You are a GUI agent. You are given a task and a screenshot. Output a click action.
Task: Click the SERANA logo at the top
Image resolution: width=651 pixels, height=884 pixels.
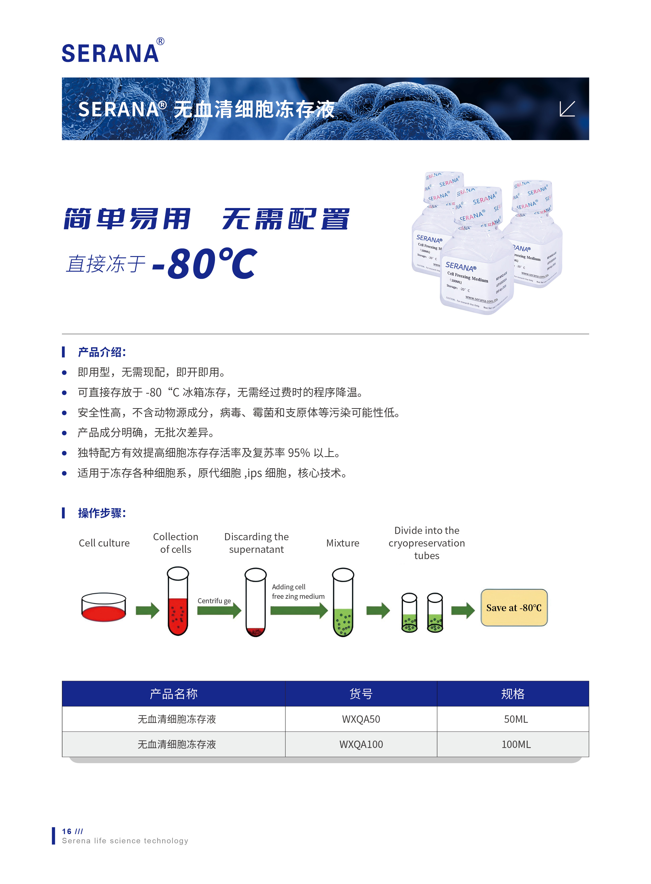click(x=110, y=53)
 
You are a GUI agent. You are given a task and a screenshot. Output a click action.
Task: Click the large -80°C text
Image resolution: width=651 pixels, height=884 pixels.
click(x=205, y=263)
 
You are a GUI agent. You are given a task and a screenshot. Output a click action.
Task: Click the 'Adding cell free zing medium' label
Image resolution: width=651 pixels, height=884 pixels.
click(x=298, y=591)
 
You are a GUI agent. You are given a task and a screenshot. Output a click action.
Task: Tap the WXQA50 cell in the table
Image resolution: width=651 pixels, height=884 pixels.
click(x=361, y=719)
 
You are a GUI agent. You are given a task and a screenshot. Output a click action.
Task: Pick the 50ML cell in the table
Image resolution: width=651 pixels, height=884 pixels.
click(x=516, y=719)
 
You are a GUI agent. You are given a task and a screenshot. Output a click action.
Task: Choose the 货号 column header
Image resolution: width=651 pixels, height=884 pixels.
click(x=361, y=694)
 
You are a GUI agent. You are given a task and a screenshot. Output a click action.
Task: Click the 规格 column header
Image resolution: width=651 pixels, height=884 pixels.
click(x=512, y=694)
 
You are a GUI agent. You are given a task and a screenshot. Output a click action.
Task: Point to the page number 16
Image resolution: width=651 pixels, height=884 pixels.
click(x=67, y=831)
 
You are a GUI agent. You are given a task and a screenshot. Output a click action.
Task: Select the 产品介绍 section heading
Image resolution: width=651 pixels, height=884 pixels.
click(x=101, y=352)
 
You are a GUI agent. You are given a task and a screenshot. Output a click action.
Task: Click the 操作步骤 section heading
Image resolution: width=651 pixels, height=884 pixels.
click(x=101, y=513)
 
